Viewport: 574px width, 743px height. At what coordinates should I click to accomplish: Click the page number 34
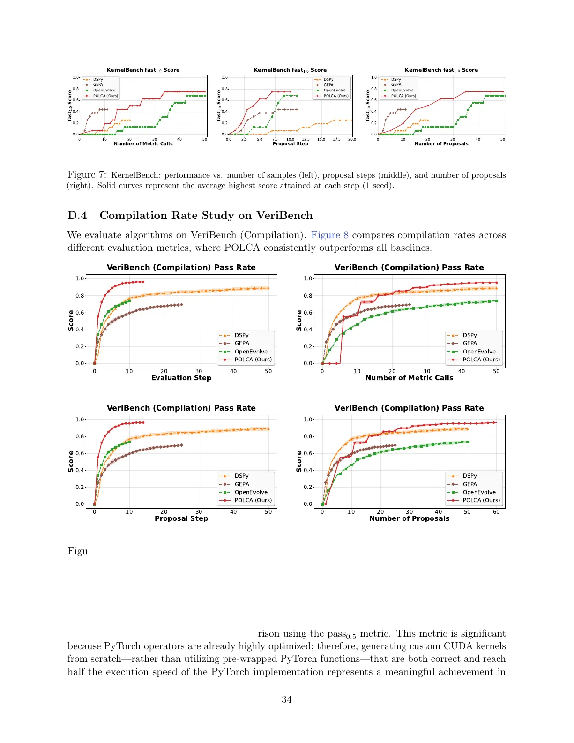pos(286,699)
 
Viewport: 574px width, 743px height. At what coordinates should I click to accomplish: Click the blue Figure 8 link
pos(329,235)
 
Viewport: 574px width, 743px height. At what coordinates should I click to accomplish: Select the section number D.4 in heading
pos(77,216)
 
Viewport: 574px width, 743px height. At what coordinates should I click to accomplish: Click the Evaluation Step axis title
pos(181,378)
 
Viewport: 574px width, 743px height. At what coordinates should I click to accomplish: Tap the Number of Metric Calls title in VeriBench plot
pos(409,378)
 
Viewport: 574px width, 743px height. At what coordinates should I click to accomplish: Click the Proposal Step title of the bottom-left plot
pos(181,518)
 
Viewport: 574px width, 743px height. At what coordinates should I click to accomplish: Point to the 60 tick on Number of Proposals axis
pos(496,512)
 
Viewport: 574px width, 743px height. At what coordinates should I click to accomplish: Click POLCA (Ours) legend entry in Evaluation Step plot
pos(253,360)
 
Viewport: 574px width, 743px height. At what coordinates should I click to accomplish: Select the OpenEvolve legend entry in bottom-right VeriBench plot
pos(479,492)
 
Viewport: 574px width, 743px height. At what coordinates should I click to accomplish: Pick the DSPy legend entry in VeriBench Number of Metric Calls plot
pos(470,335)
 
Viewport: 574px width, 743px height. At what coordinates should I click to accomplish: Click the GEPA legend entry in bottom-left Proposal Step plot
pos(242,484)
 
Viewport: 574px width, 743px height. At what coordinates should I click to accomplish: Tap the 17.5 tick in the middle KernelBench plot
pos(336,140)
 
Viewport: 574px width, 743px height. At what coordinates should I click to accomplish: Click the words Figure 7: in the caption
pos(87,175)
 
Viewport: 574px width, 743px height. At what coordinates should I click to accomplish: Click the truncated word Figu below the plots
pos(77,551)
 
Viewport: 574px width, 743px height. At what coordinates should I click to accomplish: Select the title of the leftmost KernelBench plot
pos(143,70)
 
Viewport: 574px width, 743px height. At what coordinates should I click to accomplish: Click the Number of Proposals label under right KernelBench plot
pos(441,144)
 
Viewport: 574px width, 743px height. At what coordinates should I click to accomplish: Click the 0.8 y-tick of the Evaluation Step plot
pos(80,296)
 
